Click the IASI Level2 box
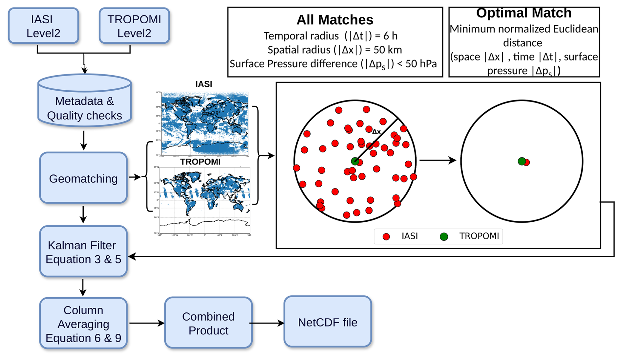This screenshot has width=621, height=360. [x=43, y=26]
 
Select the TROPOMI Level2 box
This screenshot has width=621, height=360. [x=134, y=26]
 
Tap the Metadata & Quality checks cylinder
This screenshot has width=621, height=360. [x=84, y=104]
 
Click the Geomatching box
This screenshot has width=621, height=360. [x=83, y=178]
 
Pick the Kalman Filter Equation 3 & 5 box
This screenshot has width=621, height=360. [x=83, y=252]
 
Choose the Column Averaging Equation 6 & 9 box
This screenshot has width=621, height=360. [x=83, y=324]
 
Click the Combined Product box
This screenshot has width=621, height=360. [x=208, y=323]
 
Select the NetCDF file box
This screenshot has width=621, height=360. [x=328, y=322]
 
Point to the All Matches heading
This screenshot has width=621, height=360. [x=335, y=20]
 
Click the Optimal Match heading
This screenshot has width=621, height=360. [x=524, y=13]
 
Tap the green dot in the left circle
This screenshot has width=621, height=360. [x=354, y=161]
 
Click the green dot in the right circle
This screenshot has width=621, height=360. [x=521, y=161]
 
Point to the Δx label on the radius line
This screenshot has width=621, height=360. [x=376, y=132]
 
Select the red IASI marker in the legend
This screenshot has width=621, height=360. [x=386, y=236]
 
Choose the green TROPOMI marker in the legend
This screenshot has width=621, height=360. [x=444, y=236]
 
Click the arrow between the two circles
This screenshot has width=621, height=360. [x=438, y=160]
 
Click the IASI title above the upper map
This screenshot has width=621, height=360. [x=203, y=84]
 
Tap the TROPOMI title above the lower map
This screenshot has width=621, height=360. [x=200, y=162]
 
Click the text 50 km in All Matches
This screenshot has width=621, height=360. [x=388, y=50]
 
